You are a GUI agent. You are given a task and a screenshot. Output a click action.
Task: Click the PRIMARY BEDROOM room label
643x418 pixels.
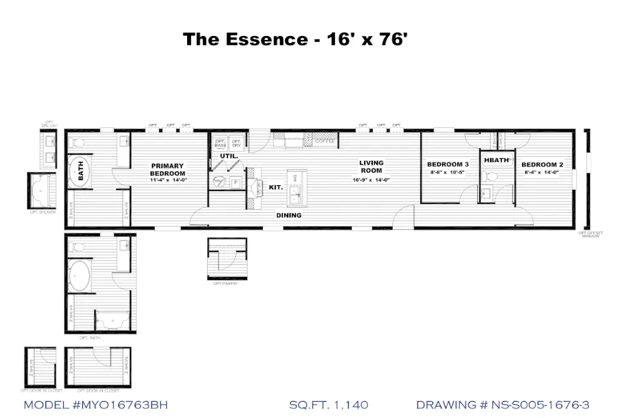click(x=167, y=170)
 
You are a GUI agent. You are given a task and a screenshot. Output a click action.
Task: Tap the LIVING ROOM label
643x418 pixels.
click(x=371, y=167)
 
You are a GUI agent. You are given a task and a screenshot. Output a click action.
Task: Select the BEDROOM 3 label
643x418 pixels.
click(x=448, y=165)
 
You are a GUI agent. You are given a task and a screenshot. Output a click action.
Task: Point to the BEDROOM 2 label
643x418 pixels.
click(x=543, y=165)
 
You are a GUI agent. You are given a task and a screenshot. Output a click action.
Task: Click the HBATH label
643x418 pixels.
click(x=496, y=159)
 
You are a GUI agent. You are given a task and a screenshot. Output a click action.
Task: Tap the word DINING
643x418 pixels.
click(x=289, y=215)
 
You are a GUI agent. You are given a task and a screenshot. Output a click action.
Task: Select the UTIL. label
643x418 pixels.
click(x=229, y=156)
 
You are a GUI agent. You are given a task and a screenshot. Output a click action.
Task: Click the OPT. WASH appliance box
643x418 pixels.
click(x=220, y=143)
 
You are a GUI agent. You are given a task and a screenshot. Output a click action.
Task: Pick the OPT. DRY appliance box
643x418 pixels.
click(x=236, y=143)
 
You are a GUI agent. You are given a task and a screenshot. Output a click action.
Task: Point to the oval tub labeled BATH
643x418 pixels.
click(x=81, y=172)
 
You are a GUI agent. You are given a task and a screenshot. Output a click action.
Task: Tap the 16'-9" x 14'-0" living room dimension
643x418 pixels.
click(x=371, y=180)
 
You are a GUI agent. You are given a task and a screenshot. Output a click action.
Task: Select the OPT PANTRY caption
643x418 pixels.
click(x=226, y=283)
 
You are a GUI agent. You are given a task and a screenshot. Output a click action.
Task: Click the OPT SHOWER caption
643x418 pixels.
click(x=42, y=212)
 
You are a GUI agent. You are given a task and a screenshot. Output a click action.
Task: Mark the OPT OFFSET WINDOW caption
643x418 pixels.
click(x=590, y=235)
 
